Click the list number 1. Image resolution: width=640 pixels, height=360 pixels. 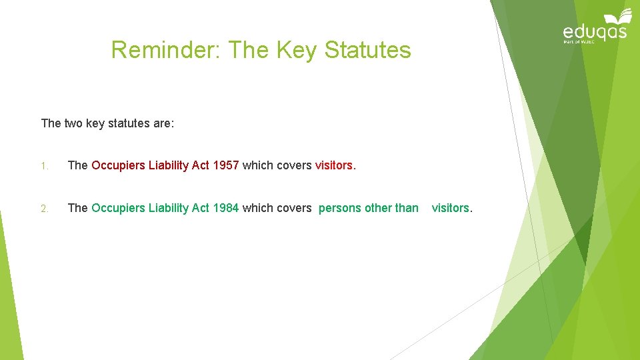click(x=44, y=166)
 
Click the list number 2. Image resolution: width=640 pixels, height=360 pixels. click(x=44, y=209)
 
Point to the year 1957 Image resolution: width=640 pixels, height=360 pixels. click(x=226, y=165)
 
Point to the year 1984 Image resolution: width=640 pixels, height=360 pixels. click(x=226, y=208)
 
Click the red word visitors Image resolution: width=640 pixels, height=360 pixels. click(x=335, y=165)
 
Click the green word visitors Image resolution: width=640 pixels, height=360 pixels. click(x=451, y=208)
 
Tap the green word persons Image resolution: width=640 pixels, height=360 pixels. click(x=340, y=208)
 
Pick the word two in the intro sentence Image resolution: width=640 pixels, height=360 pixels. click(x=73, y=123)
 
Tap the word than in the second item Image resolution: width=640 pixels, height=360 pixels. click(x=407, y=208)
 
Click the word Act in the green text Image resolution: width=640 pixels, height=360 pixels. click(x=201, y=208)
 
